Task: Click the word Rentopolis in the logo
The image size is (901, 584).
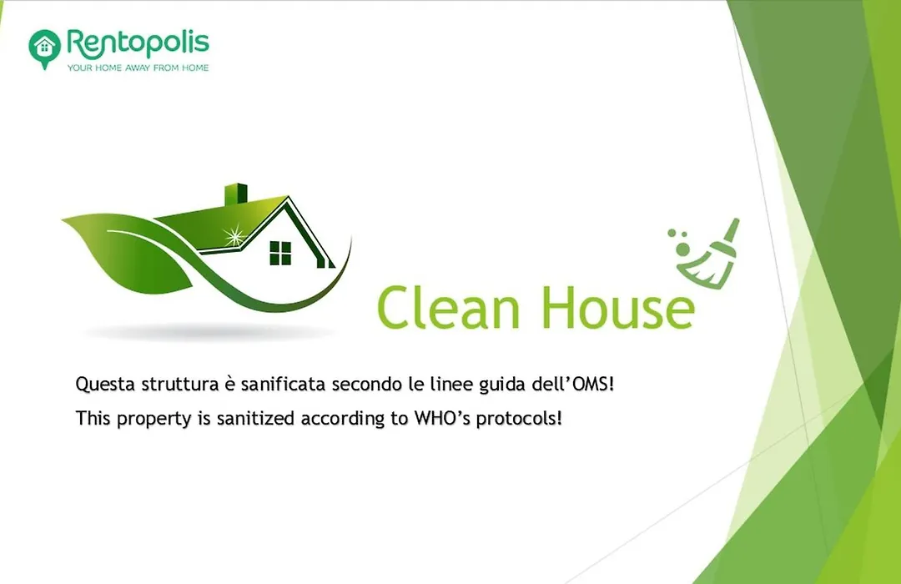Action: coord(138,43)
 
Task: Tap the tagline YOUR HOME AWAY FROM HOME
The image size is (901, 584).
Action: coord(138,68)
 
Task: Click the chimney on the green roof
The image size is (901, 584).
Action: coord(235,194)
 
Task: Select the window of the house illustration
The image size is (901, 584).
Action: coord(280,253)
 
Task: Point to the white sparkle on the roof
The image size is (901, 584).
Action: coord(234,235)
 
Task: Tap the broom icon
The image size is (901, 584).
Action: coord(706,254)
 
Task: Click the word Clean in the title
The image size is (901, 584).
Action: coord(448,308)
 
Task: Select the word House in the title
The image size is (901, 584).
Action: coord(617,308)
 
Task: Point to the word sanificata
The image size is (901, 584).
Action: coord(284,384)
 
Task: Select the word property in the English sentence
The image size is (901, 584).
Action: coord(154,419)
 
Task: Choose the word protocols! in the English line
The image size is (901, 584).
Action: coord(519,419)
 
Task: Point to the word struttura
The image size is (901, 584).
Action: coord(180,384)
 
